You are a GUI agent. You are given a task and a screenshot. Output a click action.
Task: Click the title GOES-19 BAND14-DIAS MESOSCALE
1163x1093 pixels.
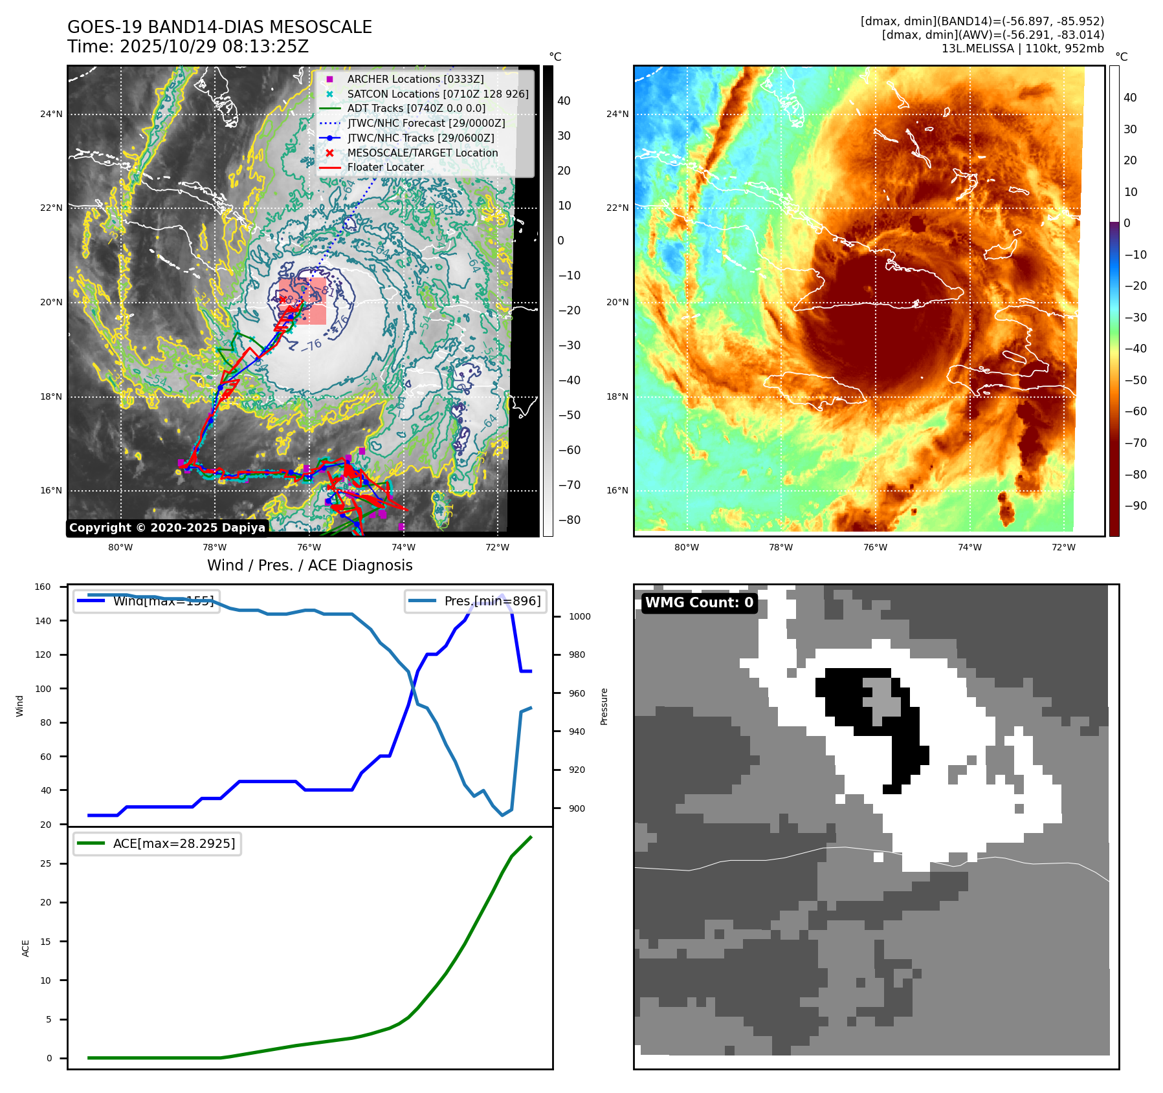[219, 27]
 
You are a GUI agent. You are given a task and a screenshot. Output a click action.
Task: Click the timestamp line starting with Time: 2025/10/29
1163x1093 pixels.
[188, 47]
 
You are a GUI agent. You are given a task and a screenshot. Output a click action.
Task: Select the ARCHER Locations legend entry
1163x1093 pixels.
[415, 79]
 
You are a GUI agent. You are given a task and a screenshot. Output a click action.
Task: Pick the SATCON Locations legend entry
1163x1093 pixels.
[438, 94]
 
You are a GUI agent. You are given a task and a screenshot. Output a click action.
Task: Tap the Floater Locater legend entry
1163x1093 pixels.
[385, 167]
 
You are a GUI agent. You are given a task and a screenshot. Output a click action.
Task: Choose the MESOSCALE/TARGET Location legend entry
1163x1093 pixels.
[422, 153]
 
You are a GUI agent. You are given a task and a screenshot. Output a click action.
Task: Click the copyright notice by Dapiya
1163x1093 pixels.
[167, 528]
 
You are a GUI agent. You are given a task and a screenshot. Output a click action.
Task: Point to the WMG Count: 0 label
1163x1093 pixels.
[699, 603]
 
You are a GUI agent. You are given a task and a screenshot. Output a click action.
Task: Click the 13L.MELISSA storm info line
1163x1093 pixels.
[1023, 49]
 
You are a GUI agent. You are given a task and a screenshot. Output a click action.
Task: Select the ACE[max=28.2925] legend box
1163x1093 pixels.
[157, 843]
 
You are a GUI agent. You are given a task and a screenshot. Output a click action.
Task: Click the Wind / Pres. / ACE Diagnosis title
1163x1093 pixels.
[309, 565]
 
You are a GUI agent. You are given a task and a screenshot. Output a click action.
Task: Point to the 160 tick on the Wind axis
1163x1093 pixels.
[43, 587]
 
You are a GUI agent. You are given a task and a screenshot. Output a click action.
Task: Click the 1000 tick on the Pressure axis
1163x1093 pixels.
[579, 616]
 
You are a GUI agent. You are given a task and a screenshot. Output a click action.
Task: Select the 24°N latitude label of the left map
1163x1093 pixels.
[51, 114]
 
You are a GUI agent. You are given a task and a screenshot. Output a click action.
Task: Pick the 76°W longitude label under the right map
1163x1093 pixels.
[875, 547]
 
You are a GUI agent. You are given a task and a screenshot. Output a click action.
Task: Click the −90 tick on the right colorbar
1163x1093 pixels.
[1135, 506]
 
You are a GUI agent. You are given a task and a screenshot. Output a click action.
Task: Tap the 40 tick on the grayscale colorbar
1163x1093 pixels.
[564, 101]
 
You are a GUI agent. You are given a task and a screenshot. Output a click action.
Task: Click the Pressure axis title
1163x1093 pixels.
[604, 706]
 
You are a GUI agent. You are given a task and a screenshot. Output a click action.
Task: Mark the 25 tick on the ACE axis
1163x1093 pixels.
[45, 863]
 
